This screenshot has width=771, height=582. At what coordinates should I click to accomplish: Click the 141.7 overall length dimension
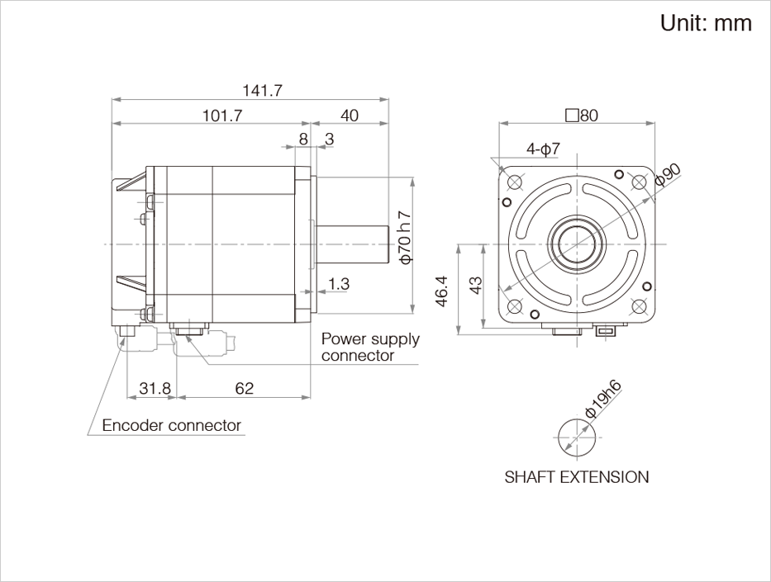pos(263,90)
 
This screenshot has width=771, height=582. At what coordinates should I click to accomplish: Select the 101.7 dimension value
pos(222,116)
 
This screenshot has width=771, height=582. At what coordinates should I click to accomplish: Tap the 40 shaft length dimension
pos(349,116)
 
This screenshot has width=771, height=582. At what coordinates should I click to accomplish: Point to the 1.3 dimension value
pos(339,283)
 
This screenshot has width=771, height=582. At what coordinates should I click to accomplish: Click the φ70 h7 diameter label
pos(405,238)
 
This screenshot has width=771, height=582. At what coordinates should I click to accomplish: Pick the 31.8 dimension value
pos(155,388)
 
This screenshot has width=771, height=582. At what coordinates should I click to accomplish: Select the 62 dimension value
pos(244,388)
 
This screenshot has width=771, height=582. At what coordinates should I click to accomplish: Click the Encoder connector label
pos(172,425)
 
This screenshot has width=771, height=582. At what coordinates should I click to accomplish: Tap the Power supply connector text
pos(370,347)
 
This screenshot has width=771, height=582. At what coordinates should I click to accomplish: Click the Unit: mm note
pos(706,23)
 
